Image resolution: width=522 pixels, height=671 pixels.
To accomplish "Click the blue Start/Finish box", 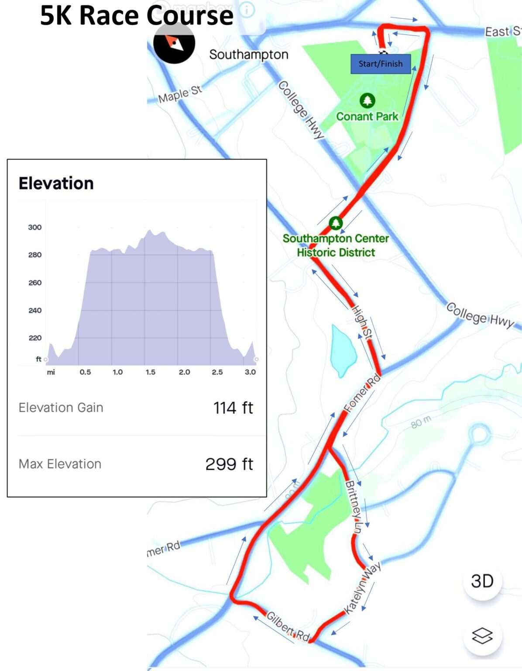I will [x=380, y=64].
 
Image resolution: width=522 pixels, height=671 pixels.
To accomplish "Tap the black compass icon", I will [x=174, y=43].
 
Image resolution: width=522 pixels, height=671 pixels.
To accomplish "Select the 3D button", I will [x=482, y=581].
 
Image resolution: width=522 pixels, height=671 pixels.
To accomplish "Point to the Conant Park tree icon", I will [x=367, y=101].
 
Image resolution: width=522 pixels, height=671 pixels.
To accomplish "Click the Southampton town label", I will [x=249, y=55].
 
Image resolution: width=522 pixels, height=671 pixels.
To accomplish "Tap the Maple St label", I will [x=180, y=94].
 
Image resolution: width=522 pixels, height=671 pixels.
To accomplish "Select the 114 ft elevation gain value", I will [x=233, y=408].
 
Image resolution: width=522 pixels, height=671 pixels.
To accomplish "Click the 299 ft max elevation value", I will [x=229, y=464].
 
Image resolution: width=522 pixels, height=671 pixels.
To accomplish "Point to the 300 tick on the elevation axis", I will [x=35, y=227].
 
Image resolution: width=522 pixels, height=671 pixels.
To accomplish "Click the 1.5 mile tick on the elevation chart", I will [x=151, y=372].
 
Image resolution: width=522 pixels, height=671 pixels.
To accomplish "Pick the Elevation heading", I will [x=56, y=183].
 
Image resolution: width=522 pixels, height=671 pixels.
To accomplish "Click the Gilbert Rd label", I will [x=288, y=627].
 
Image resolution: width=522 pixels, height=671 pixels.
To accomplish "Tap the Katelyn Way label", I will [x=362, y=588].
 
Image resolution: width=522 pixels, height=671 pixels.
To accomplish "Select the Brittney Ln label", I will [x=354, y=507].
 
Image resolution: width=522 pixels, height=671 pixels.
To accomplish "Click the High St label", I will [x=362, y=322].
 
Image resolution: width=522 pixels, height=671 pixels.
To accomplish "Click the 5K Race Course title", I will [x=137, y=16].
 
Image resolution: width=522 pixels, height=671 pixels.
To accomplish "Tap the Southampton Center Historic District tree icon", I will [x=336, y=223].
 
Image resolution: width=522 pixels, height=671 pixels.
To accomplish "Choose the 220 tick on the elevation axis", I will [x=35, y=338].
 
